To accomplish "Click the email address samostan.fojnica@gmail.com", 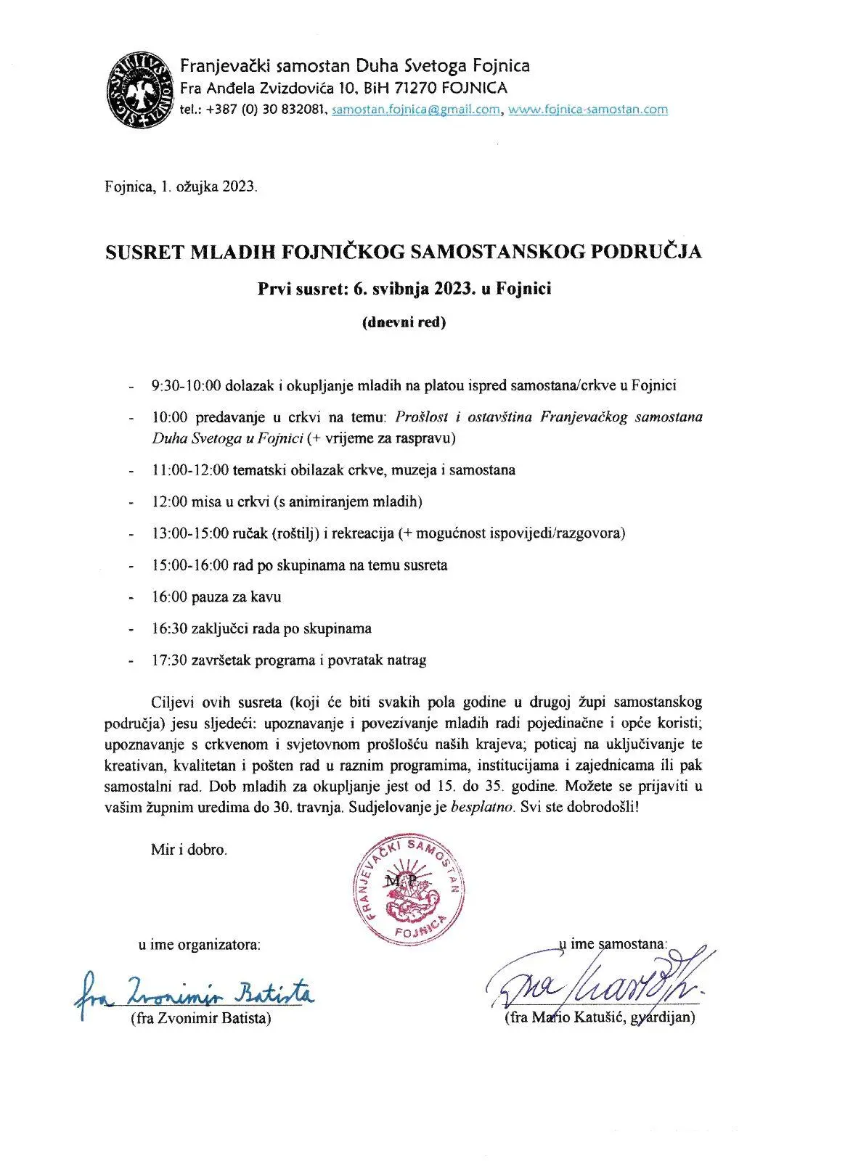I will pyautogui.click(x=415, y=110).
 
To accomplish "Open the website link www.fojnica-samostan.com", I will pyautogui.click(x=587, y=110).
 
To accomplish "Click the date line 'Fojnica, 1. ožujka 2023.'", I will pyautogui.click(x=181, y=186).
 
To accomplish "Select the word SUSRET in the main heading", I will pyautogui.click(x=144, y=252).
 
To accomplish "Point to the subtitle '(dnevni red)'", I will pyautogui.click(x=404, y=323).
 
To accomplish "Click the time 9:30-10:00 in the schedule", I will pyautogui.click(x=186, y=385).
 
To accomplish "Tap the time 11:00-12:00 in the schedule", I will pyautogui.click(x=189, y=469).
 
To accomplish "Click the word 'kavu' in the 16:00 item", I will pyautogui.click(x=266, y=597).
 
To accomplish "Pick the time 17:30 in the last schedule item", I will pyautogui.click(x=169, y=660).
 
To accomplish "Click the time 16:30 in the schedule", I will pyautogui.click(x=169, y=628).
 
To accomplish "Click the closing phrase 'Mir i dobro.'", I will pyautogui.click(x=189, y=850).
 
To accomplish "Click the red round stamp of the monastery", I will pyautogui.click(x=408, y=890).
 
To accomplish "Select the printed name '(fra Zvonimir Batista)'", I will pyautogui.click(x=200, y=1018).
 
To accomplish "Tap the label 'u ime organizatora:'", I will pyautogui.click(x=199, y=945).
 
